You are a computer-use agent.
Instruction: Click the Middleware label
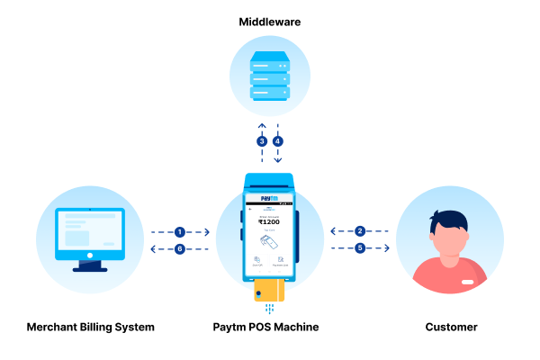coord(270,20)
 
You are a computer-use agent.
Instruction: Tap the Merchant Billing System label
coord(90,327)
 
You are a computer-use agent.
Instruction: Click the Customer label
coord(449,327)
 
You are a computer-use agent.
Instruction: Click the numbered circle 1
coord(180,232)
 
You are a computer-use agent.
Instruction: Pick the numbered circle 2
coord(360,232)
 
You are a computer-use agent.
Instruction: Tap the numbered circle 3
coord(262,141)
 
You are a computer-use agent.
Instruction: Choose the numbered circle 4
coord(278,141)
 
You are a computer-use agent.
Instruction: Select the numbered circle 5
coord(360,248)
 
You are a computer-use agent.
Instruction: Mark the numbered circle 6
coord(180,248)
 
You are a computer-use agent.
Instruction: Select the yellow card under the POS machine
coord(270,290)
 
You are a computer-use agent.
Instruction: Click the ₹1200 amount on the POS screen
coord(270,222)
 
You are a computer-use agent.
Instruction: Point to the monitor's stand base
coord(90,268)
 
